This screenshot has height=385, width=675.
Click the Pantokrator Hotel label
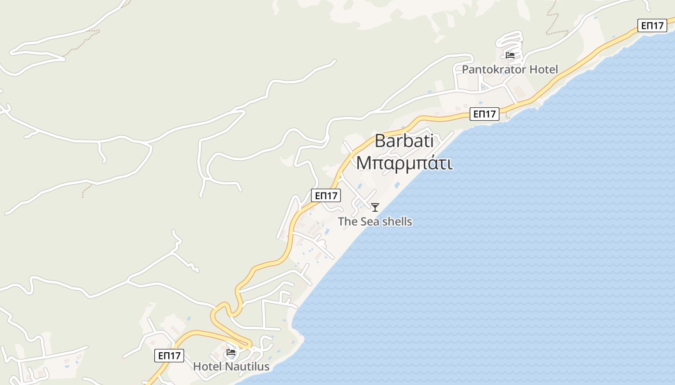[x=510, y=69]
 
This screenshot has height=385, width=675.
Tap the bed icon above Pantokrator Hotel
[x=510, y=55]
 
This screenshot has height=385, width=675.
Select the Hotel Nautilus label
[x=231, y=366]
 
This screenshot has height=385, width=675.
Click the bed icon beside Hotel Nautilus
[x=231, y=352]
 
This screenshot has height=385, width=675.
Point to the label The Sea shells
[x=375, y=221]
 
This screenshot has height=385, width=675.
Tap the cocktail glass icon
[x=375, y=207]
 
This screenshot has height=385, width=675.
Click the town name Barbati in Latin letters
[x=404, y=141]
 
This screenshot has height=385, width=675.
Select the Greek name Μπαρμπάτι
[x=404, y=163]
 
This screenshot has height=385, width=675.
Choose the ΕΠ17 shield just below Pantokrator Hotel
[x=485, y=114]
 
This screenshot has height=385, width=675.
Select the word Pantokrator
[x=494, y=69]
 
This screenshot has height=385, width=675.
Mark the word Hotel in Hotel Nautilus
[x=206, y=366]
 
